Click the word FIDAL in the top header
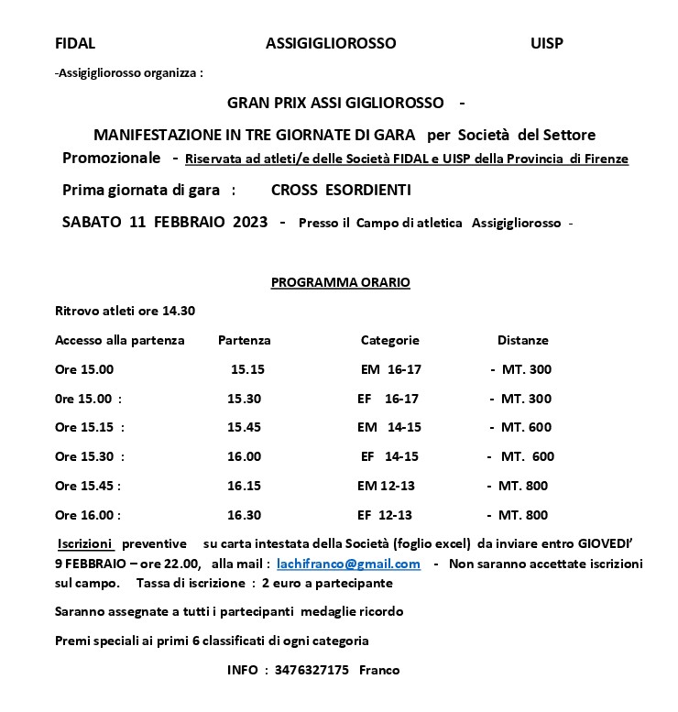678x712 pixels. point(75,43)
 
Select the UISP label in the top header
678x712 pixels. point(547,43)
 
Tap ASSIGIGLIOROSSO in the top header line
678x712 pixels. point(331,43)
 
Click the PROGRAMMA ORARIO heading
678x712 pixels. point(340,282)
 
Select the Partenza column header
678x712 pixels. point(244,340)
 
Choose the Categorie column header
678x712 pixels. point(389,340)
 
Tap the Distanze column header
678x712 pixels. point(522,340)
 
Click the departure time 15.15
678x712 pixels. point(247,369)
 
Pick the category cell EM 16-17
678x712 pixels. point(391,369)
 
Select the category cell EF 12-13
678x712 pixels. point(385,515)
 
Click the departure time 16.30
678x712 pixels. point(244,515)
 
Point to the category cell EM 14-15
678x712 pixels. point(389,427)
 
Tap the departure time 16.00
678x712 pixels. point(244,456)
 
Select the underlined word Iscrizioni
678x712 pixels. point(85,542)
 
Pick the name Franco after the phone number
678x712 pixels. point(379,670)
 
